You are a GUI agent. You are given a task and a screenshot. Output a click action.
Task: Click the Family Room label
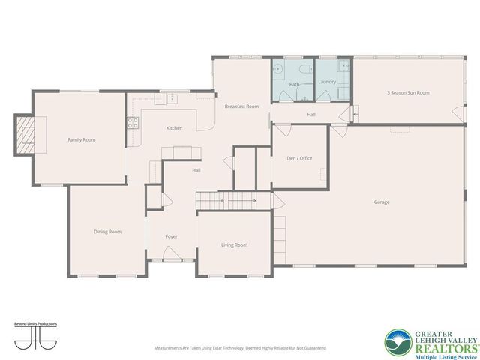tap(82, 140)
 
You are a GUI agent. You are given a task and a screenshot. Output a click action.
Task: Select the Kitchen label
tap(174, 128)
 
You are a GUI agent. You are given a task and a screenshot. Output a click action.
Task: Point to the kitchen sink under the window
tap(172, 97)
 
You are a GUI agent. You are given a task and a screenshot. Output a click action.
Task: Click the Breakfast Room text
tap(241, 106)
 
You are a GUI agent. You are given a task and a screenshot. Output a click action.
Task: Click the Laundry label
tap(326, 81)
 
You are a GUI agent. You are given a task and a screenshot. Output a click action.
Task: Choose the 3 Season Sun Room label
tap(408, 92)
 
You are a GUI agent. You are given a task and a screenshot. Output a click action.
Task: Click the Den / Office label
tap(299, 158)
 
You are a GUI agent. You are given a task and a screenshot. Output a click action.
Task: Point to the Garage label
tap(382, 202)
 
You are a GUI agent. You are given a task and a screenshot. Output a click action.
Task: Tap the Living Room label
tap(234, 244)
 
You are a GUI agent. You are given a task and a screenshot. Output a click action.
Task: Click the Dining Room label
tap(107, 232)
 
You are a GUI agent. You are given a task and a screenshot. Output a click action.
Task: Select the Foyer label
tap(172, 236)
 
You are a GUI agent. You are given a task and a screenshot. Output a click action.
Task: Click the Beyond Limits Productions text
tap(36, 324)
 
